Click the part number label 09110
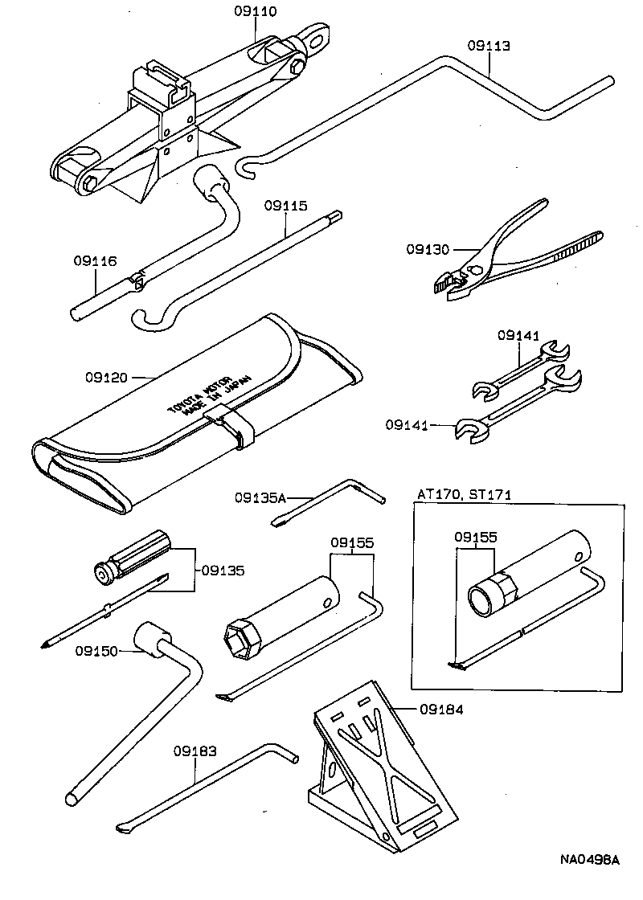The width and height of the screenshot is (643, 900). click(x=256, y=11)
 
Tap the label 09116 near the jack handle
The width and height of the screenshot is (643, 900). click(x=95, y=261)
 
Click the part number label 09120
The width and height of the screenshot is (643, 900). click(x=105, y=375)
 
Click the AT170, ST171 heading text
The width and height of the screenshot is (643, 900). click(x=465, y=495)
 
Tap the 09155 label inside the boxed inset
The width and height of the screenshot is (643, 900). click(x=475, y=536)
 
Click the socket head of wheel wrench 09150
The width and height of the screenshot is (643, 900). click(x=154, y=640)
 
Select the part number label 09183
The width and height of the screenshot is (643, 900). click(x=194, y=752)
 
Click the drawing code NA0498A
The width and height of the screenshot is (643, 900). click(x=589, y=860)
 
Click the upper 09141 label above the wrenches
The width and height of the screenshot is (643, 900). click(x=518, y=335)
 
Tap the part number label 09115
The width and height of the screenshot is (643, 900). click(x=285, y=206)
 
